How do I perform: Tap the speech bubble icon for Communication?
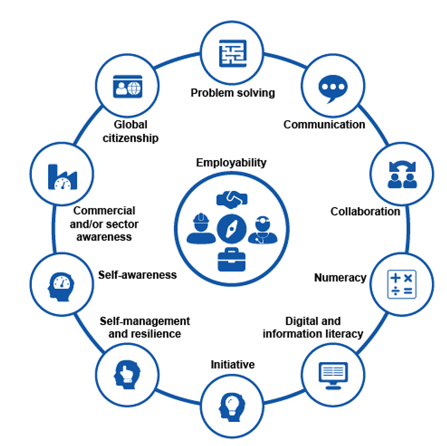click(x=332, y=88)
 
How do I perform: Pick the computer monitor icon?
click(x=333, y=373)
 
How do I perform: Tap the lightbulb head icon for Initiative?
click(x=231, y=405)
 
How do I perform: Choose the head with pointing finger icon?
click(x=126, y=372)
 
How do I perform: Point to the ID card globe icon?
click(x=127, y=87)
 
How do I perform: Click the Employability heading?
click(x=231, y=163)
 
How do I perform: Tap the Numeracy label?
click(x=340, y=278)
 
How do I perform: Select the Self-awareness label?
click(x=137, y=275)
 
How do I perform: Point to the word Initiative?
click(x=232, y=365)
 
